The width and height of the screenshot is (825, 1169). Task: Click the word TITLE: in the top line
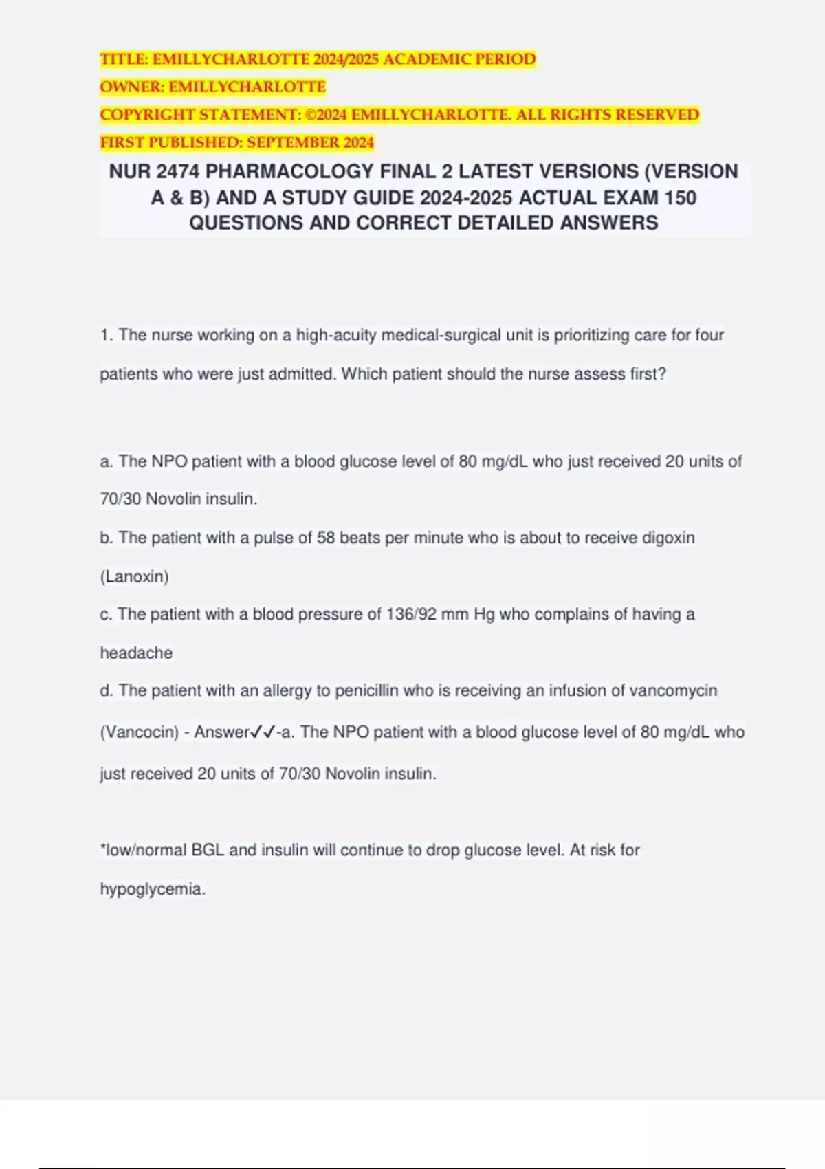[x=124, y=59]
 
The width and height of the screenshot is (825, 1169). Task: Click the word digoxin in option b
[x=668, y=538]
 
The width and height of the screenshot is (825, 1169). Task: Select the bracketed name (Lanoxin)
[x=134, y=576]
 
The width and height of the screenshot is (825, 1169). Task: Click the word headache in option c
[x=136, y=653]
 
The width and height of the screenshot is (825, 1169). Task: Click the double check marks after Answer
[x=263, y=732]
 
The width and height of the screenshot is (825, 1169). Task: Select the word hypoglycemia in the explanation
[x=152, y=889]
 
